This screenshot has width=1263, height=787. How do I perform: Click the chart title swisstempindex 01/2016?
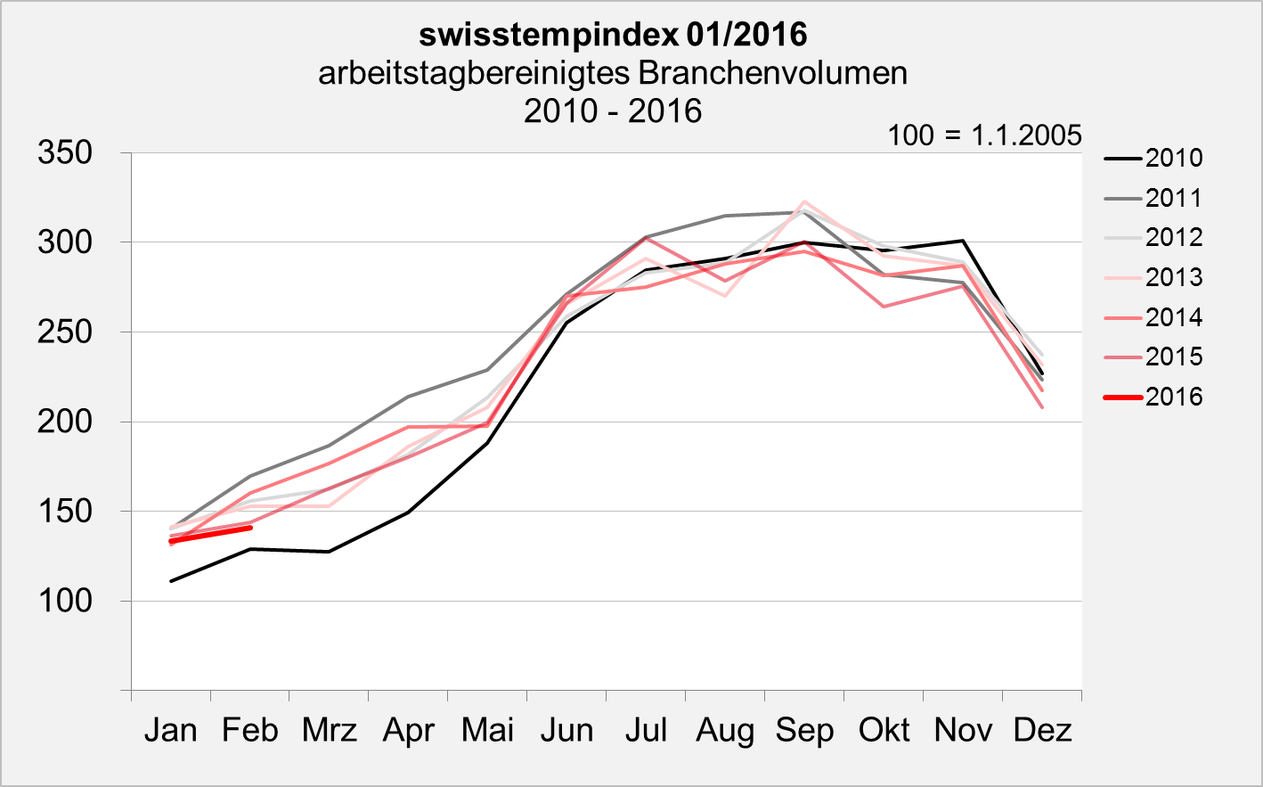613,35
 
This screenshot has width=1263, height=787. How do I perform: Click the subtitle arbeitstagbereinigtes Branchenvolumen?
613,72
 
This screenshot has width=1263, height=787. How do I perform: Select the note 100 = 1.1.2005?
984,135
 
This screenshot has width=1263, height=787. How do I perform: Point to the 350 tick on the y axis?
65,152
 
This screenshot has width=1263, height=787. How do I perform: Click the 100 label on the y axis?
65,601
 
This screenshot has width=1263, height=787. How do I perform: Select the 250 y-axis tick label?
65,332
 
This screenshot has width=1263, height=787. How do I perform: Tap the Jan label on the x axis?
170,730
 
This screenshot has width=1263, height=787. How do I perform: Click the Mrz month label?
329,730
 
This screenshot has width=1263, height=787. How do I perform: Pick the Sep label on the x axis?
804,730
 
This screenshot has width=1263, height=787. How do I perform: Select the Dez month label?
1042,730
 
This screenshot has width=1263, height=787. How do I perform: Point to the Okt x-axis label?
884,730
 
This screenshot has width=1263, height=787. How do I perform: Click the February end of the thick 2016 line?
250,528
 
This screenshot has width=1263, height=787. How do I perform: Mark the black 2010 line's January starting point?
171,581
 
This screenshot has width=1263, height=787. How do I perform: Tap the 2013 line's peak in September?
804,201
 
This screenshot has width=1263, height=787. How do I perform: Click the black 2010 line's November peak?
963,241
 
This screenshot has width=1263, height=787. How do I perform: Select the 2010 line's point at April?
408,512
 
